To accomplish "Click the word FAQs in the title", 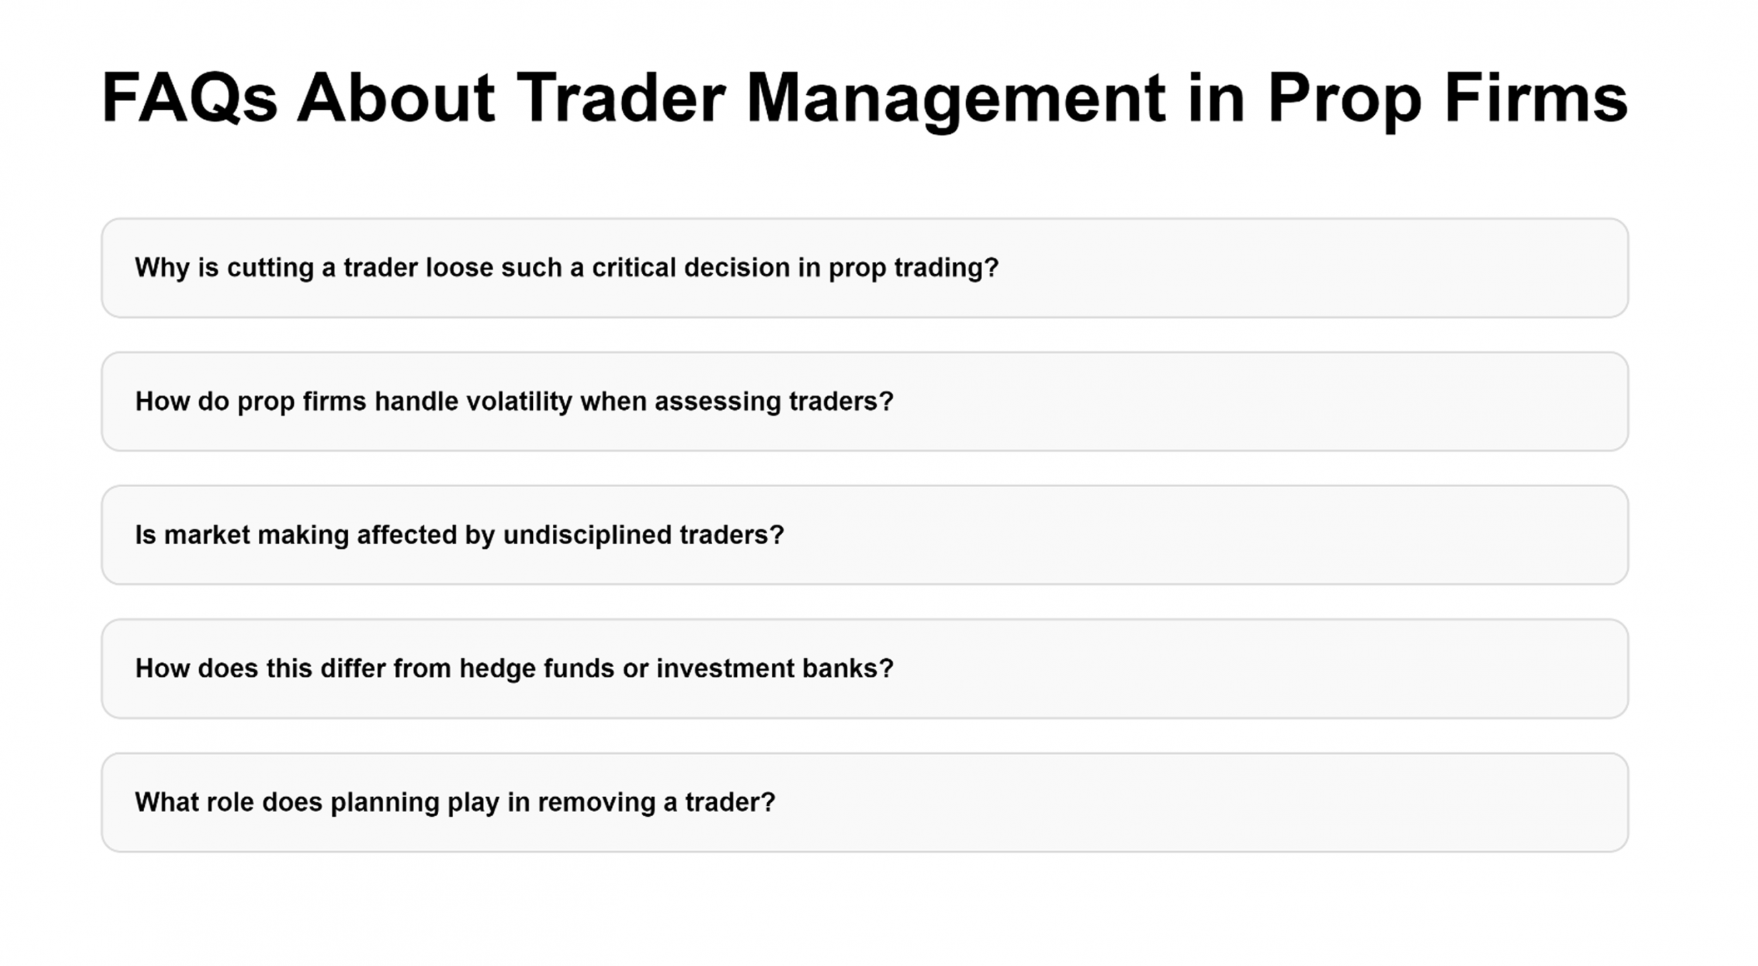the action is point(190,98).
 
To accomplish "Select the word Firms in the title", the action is point(1536,98).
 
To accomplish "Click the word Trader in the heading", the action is point(621,98).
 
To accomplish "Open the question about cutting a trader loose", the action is point(865,268).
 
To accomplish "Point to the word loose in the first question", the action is point(459,267).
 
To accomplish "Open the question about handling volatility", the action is point(865,401).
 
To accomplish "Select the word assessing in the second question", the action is point(718,402).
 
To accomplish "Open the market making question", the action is point(865,535).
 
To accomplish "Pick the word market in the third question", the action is point(207,535).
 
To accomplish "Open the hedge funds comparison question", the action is point(865,669).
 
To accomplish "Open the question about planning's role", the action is point(865,802).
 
